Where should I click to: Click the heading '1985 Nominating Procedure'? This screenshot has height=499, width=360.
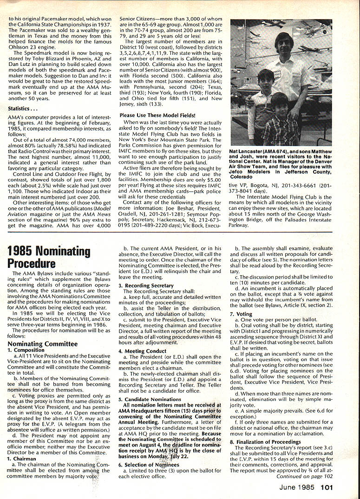pyautogui.click(x=49, y=257)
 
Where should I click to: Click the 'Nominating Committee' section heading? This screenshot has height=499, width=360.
pyautogui.click(x=42, y=343)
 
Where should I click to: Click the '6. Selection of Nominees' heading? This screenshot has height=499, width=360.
pyautogui.click(x=146, y=465)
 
